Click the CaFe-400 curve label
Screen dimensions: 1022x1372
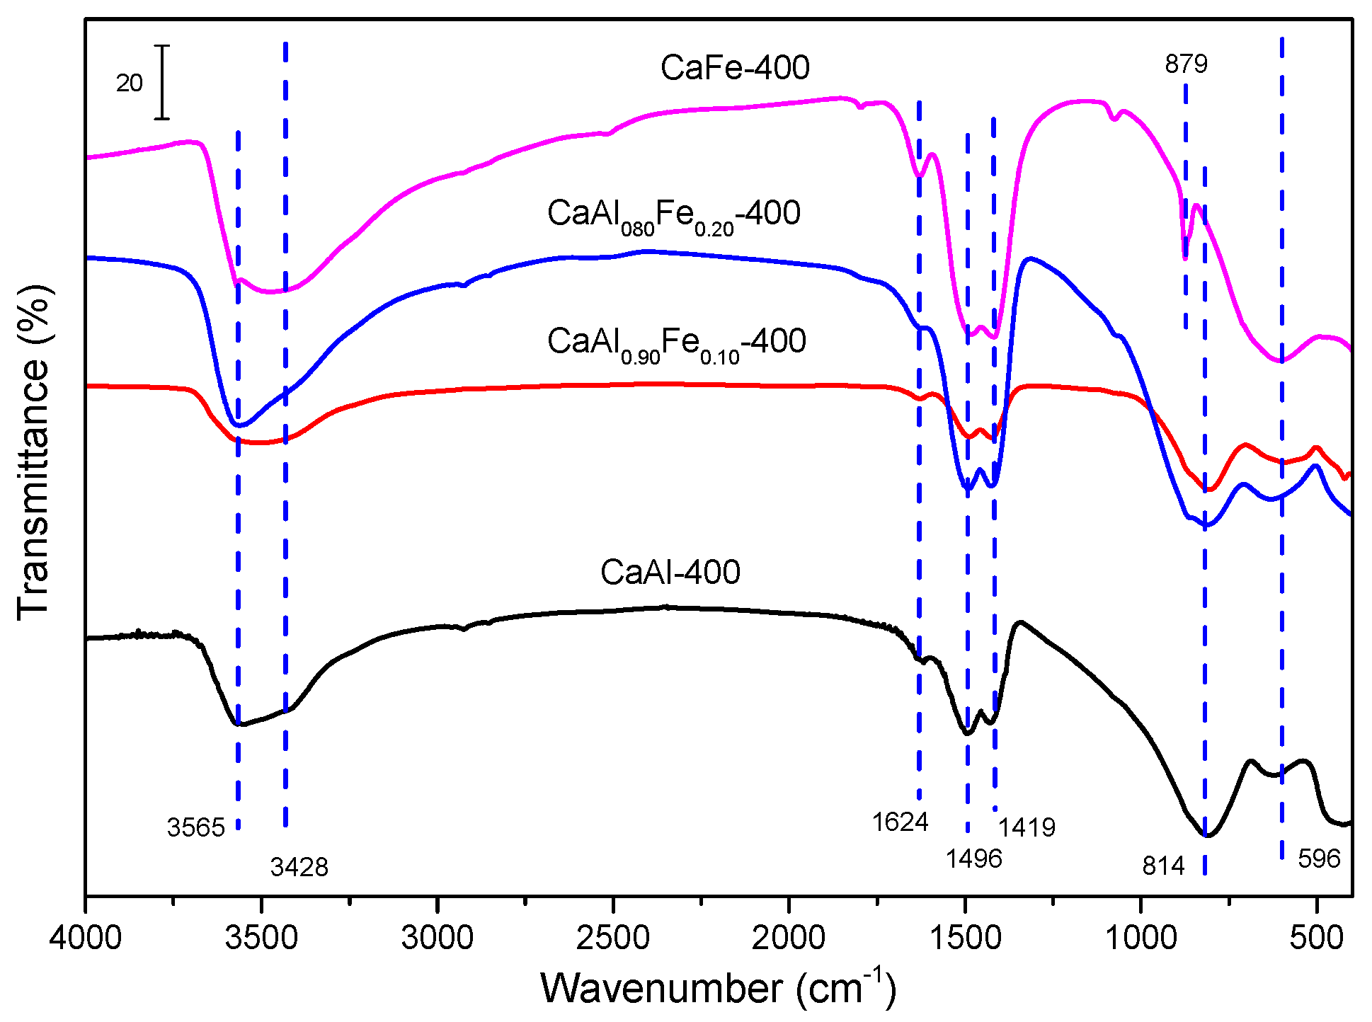(x=735, y=69)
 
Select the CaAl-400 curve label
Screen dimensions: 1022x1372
(x=670, y=572)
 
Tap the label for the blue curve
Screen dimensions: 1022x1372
(x=673, y=214)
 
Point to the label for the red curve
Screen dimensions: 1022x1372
(x=676, y=343)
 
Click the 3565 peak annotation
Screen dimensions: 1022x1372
(x=195, y=827)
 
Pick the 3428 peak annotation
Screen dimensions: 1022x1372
(x=299, y=867)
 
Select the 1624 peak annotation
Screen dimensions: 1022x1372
(x=900, y=822)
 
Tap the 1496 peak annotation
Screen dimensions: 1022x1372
(x=974, y=859)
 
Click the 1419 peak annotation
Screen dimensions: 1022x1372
(x=1027, y=827)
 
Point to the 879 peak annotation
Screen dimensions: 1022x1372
(x=1186, y=64)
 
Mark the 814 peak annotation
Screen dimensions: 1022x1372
(x=1163, y=866)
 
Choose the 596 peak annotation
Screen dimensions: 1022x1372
(x=1319, y=859)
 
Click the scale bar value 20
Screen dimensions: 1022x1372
(x=130, y=84)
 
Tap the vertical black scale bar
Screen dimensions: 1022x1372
(x=163, y=82)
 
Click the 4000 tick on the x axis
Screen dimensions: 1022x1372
(x=86, y=938)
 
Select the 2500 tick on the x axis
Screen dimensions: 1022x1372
(x=613, y=938)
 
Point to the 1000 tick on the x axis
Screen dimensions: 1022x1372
(x=1141, y=938)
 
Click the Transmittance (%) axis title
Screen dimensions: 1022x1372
(x=34, y=453)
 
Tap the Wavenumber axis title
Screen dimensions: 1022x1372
(x=718, y=988)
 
